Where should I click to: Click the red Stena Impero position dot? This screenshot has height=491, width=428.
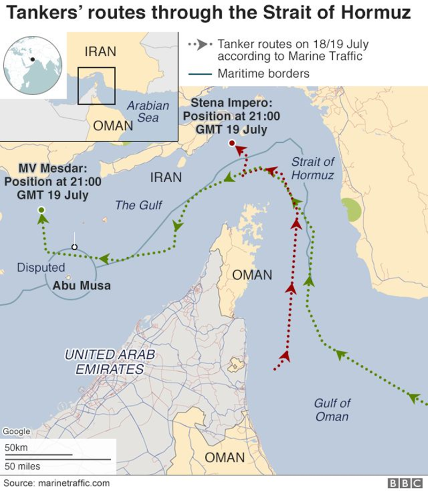point(232,143)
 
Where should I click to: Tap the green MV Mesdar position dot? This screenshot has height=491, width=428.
point(41,210)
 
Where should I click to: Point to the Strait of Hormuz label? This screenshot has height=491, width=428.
point(313,168)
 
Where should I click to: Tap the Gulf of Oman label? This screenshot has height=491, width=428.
point(332,410)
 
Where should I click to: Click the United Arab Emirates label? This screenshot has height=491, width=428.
point(109,362)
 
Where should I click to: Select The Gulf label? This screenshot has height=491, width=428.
point(139,204)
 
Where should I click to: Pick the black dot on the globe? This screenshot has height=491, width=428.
point(33,59)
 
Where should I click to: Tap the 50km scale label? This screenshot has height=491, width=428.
point(17,447)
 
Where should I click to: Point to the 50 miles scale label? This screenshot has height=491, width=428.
point(22,466)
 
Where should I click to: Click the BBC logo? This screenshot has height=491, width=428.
point(405,483)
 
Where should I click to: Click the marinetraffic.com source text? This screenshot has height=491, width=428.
point(56,483)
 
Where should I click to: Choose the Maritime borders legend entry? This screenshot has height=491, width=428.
point(263,74)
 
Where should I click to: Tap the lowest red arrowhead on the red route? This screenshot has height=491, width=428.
point(287,355)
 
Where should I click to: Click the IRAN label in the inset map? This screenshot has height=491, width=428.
point(100,51)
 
